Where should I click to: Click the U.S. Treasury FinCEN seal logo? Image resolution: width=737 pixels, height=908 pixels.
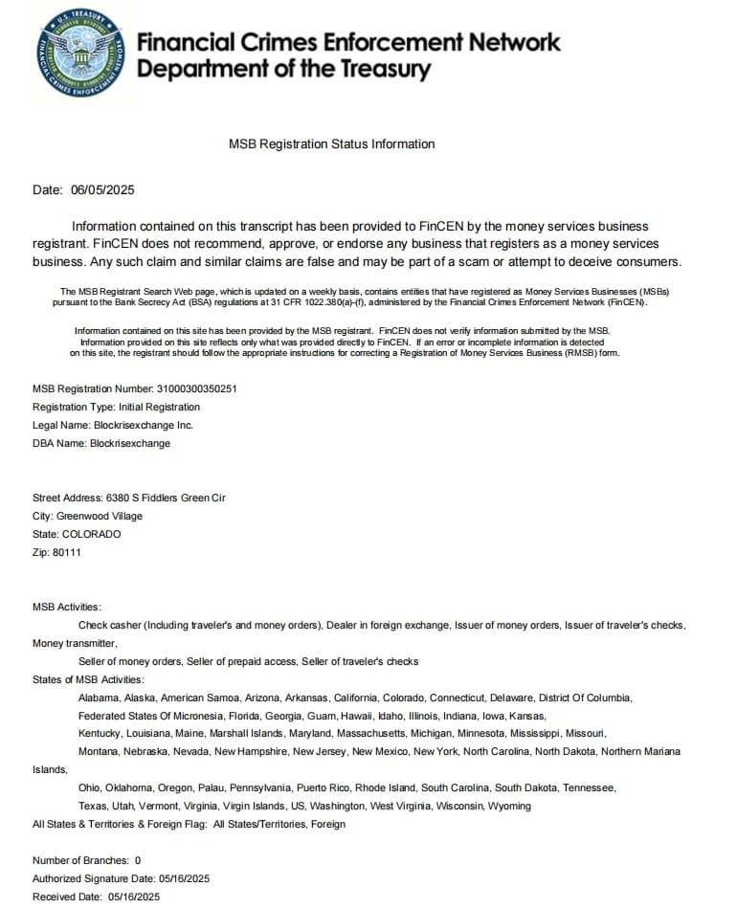click(x=80, y=52)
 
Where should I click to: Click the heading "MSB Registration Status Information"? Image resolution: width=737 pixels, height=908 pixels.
click(x=331, y=144)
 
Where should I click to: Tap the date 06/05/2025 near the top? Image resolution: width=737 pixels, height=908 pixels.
click(x=102, y=189)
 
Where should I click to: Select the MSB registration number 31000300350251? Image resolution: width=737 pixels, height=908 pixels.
click(x=196, y=389)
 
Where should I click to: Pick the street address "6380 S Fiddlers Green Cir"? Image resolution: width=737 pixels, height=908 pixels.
click(x=158, y=498)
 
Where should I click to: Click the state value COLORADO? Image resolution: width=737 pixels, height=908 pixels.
click(x=92, y=534)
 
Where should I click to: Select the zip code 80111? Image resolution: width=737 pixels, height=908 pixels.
click(x=68, y=552)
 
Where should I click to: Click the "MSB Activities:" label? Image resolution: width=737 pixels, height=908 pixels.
click(x=66, y=608)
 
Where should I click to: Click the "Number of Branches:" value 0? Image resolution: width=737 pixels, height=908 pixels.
click(x=138, y=860)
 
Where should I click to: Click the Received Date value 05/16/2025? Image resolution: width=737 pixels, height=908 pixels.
click(x=134, y=897)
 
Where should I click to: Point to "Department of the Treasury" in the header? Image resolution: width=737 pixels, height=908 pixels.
click(x=283, y=69)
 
